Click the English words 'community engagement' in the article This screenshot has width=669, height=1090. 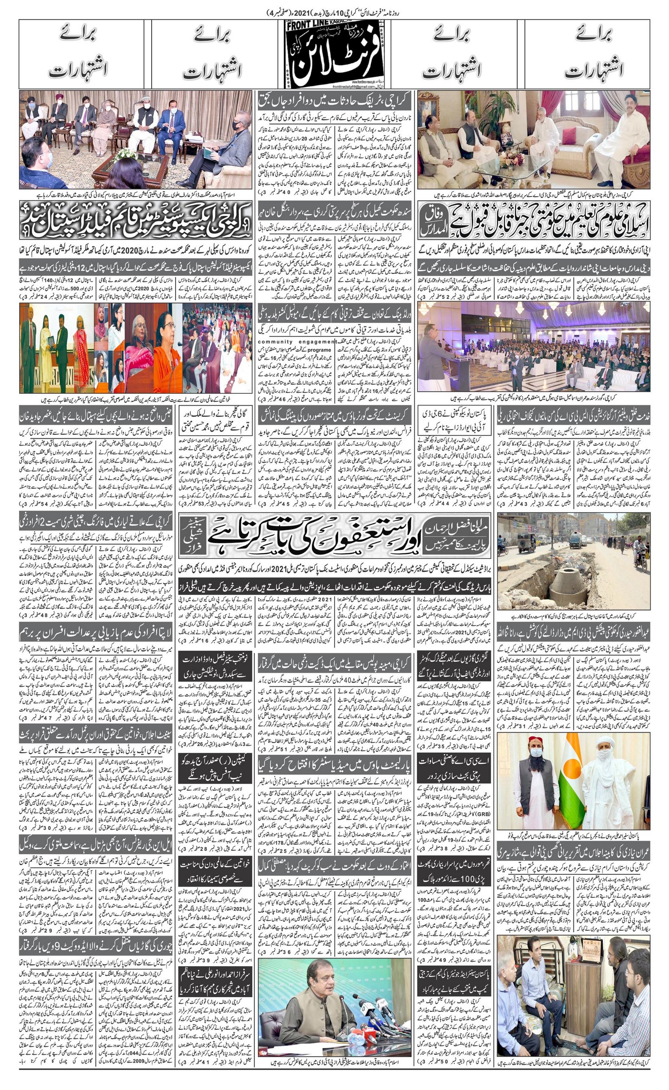coord(297,342)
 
